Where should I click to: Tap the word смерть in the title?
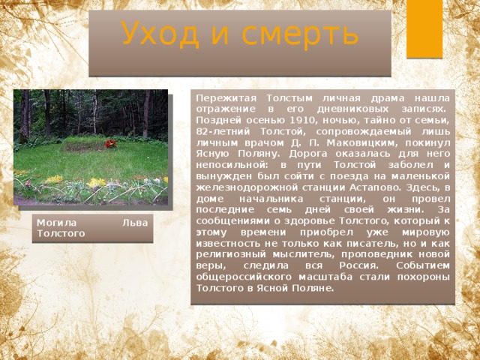(300, 35)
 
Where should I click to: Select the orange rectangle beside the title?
(424, 28)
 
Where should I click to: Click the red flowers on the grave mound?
(111, 143)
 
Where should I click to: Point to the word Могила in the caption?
(56, 223)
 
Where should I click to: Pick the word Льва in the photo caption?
(135, 223)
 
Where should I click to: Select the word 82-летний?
(223, 132)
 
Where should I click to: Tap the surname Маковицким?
(362, 143)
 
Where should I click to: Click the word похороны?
(424, 277)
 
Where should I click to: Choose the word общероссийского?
(244, 277)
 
